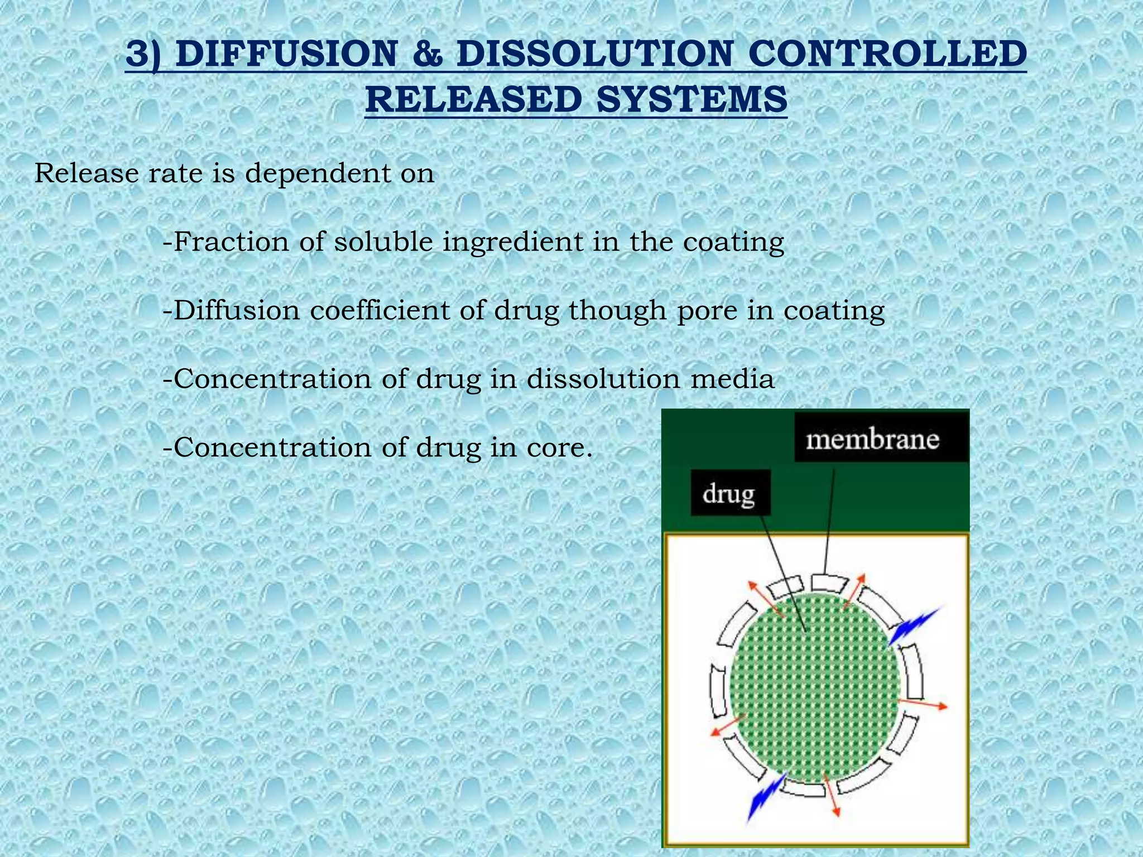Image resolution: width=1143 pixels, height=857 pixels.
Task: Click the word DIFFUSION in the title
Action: pos(286,54)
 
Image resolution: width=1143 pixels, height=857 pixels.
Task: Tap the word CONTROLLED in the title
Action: pos(887,54)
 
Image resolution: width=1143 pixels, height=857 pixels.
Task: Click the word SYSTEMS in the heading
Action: pos(691,100)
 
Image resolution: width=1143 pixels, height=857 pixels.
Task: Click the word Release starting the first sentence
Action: pos(87,173)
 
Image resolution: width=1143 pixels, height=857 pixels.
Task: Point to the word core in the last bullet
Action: pos(558,448)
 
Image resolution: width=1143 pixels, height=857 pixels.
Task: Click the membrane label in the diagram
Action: pos(872,440)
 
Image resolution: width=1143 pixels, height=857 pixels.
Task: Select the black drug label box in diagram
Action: pos(729,493)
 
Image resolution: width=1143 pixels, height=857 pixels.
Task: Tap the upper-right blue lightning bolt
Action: pos(914,625)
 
